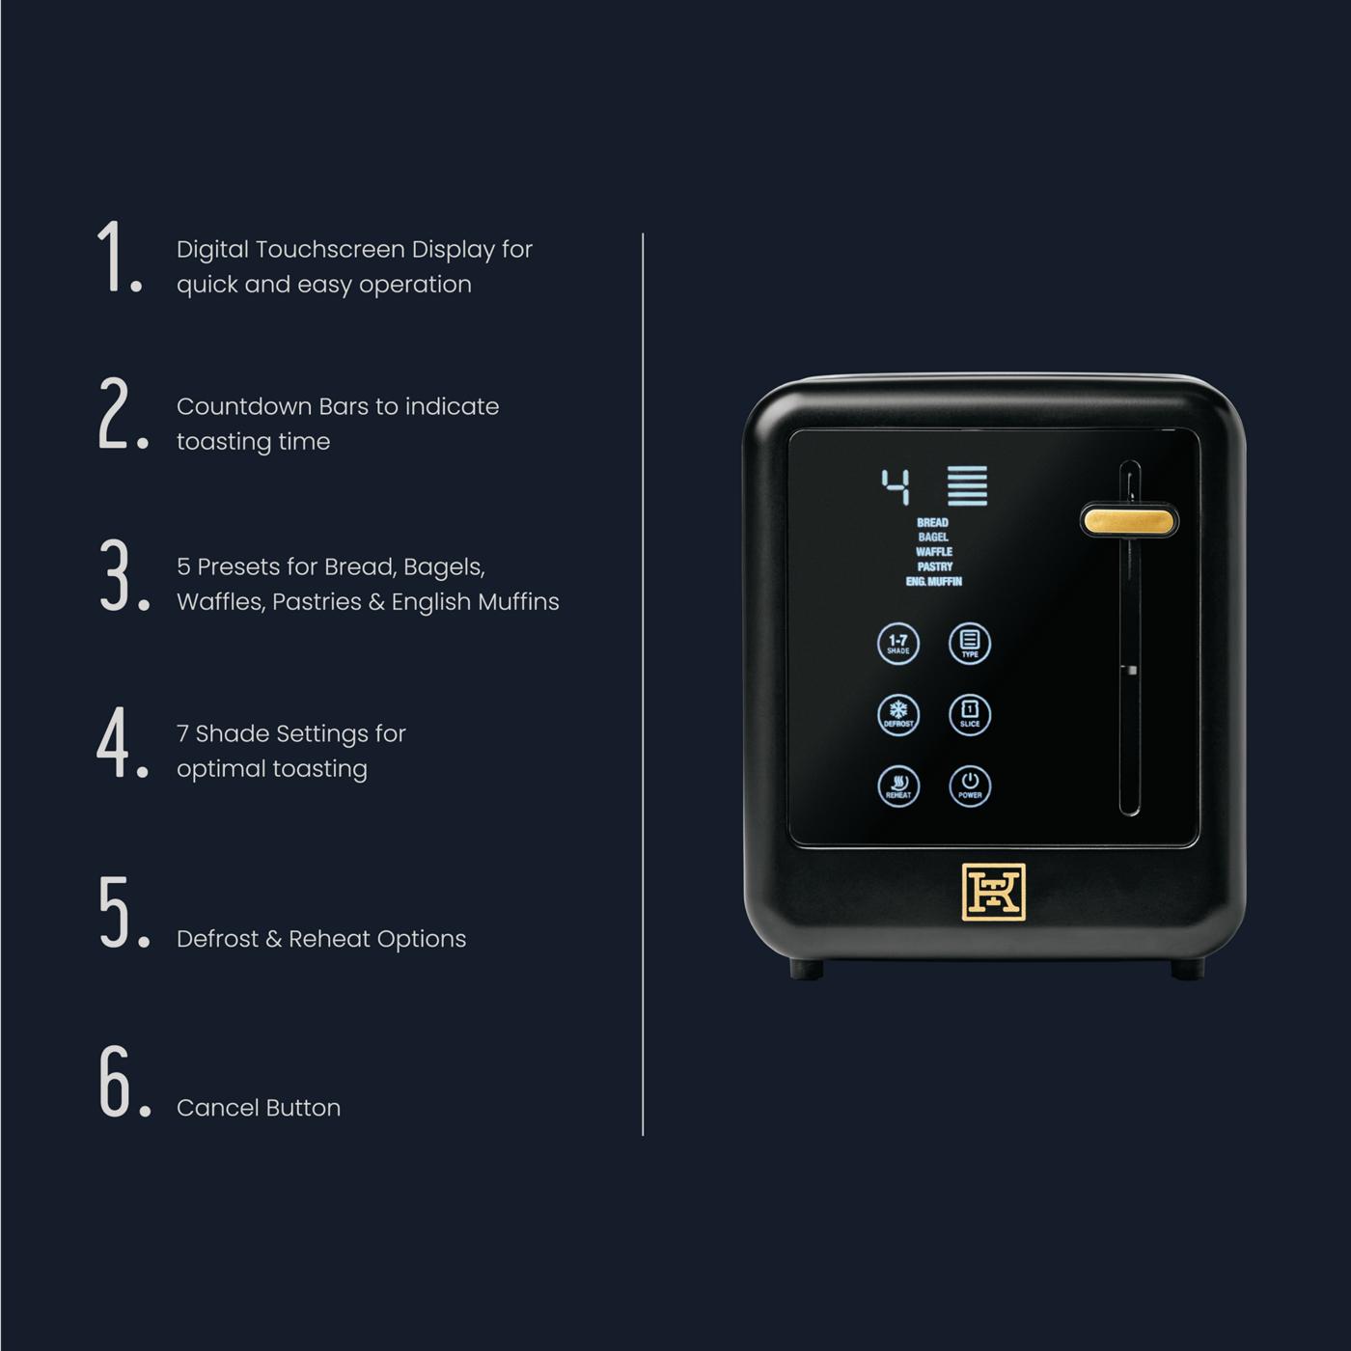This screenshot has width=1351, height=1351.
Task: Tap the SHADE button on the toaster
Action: point(898,644)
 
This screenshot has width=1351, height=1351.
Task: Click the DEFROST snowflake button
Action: point(898,715)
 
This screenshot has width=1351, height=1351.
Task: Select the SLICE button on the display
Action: point(970,715)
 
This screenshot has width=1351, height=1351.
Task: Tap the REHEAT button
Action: point(898,786)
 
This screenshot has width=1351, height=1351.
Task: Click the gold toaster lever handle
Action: point(1129,521)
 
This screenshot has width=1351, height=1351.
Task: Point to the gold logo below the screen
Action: point(993,892)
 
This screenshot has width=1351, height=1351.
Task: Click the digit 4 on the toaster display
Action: point(896,486)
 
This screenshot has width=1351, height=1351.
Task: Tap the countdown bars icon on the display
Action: point(968,485)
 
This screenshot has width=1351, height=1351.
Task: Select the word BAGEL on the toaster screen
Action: point(933,538)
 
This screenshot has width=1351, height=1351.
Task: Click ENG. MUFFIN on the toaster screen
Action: point(934,581)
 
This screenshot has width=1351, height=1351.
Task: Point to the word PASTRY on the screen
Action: point(934,566)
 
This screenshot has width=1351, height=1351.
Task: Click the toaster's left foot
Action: point(806,969)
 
